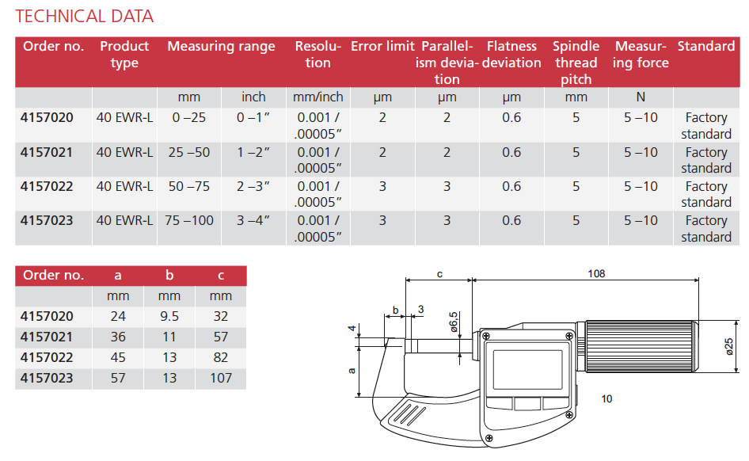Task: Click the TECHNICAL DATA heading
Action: coord(85,16)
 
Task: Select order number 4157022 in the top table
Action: coord(48,186)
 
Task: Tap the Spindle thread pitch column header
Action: coord(576,63)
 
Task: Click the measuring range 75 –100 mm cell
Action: coord(189,220)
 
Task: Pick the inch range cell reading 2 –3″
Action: coord(253,186)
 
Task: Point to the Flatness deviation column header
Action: coord(511,55)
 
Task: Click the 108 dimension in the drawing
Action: coord(596,273)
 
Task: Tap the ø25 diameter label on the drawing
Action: coord(729,346)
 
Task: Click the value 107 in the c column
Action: coord(221,378)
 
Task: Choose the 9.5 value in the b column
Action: coord(169,316)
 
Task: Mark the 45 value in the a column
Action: coord(118,357)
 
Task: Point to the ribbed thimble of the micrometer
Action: coord(642,346)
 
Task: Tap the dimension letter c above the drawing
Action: coord(439,273)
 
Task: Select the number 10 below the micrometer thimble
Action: coord(606,398)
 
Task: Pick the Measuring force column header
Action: coord(641,55)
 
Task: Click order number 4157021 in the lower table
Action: coord(48,337)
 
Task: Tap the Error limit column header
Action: coord(382,46)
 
